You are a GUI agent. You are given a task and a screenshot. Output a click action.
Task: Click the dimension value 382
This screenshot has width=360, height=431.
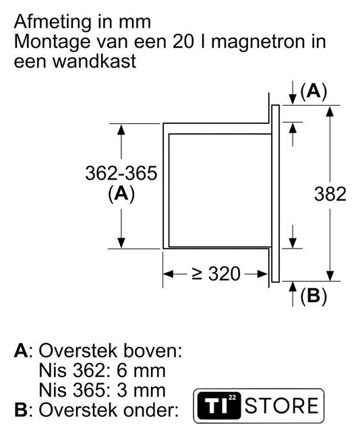pos(330,194)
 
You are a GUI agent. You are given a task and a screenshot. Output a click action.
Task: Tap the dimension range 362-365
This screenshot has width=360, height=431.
pos(121,173)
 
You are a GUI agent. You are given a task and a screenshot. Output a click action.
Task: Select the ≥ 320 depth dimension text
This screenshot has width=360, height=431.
pos(216,274)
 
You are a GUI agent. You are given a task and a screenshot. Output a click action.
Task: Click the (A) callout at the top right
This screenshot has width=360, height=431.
pos(313,92)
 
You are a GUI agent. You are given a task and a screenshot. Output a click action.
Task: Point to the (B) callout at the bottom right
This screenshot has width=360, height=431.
pos(313,296)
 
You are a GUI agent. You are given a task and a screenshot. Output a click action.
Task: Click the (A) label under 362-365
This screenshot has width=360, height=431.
pos(121,195)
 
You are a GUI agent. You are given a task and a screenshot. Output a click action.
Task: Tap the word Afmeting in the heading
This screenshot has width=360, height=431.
pos(52,22)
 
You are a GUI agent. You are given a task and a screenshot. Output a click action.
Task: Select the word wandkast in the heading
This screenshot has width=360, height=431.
pos(94,61)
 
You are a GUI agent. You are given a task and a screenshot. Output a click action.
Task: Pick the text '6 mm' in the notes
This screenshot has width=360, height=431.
pos(141,370)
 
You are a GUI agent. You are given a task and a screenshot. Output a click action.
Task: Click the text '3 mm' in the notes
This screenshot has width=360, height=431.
pos(141,391)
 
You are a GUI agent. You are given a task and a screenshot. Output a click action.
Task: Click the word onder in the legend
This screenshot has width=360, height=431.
pos(150,410)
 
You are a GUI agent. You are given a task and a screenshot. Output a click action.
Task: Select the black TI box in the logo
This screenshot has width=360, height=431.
pos(219,406)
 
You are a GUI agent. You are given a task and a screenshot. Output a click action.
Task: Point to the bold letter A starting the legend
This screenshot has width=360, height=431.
pos(21,351)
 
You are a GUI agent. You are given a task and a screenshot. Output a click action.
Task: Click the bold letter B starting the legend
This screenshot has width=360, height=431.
pos(21,410)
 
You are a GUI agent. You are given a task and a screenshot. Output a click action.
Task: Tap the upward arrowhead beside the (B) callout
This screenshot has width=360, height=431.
pos(293,286)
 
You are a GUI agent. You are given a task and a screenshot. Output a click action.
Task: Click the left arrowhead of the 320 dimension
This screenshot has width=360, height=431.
pos(169,274)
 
